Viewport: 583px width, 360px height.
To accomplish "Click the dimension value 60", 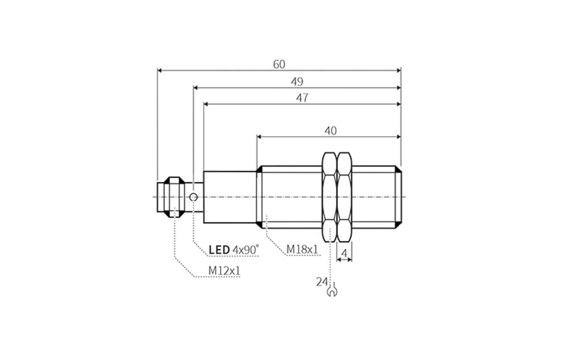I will [x=279, y=65].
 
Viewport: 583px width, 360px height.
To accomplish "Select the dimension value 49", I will [x=297, y=82].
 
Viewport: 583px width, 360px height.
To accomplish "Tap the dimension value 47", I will [x=302, y=98].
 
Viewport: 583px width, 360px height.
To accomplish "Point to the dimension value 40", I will [x=330, y=131].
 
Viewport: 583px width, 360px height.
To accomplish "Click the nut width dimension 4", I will [x=344, y=253].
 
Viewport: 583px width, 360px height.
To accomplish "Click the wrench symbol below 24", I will [x=333, y=291].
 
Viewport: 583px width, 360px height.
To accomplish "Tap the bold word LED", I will [x=219, y=250].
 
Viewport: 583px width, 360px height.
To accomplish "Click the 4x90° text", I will [x=246, y=250].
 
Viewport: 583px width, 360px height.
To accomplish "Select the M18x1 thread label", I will [x=302, y=249].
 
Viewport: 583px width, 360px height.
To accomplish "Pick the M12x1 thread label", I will [x=224, y=270].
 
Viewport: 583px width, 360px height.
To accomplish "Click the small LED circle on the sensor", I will [x=193, y=197].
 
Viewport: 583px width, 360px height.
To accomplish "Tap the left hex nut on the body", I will [x=329, y=196].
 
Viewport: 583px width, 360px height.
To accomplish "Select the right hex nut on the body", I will [x=344, y=196].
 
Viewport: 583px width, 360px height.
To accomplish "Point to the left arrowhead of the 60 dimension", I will [x=160, y=70].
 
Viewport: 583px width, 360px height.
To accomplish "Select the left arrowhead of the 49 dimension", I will [x=196, y=88].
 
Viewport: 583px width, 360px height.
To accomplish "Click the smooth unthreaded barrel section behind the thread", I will [x=229, y=197].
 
